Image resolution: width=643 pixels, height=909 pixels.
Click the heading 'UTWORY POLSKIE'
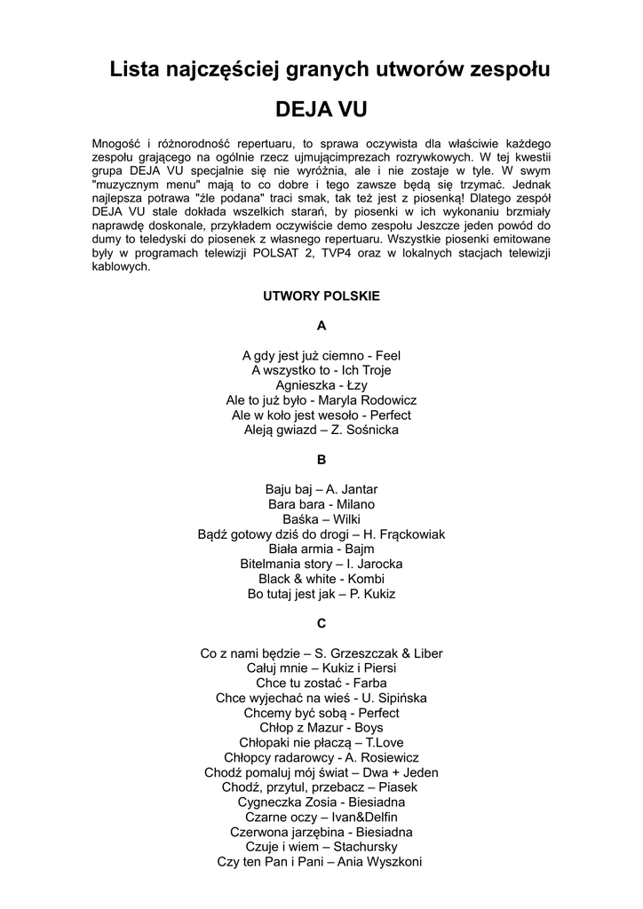321,296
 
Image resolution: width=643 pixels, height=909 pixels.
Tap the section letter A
321,326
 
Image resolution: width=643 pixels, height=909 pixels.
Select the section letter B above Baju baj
321,460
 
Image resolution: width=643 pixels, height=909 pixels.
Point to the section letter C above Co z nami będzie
321,623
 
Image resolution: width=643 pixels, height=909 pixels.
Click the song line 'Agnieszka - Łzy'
321,385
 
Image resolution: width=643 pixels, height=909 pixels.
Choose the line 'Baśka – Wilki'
321,519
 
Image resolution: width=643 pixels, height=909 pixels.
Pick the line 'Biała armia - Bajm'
321,549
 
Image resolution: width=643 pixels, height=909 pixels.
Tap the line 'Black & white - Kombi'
321,579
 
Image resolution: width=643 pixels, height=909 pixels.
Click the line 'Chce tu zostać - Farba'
321,684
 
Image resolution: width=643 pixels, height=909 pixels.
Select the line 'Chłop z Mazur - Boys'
321,728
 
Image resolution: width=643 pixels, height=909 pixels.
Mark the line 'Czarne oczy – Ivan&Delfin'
321,818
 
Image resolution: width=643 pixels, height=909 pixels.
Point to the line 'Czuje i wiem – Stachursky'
321,847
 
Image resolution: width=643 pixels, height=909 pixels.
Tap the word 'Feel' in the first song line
388,355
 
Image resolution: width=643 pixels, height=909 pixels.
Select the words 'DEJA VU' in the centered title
321,110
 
